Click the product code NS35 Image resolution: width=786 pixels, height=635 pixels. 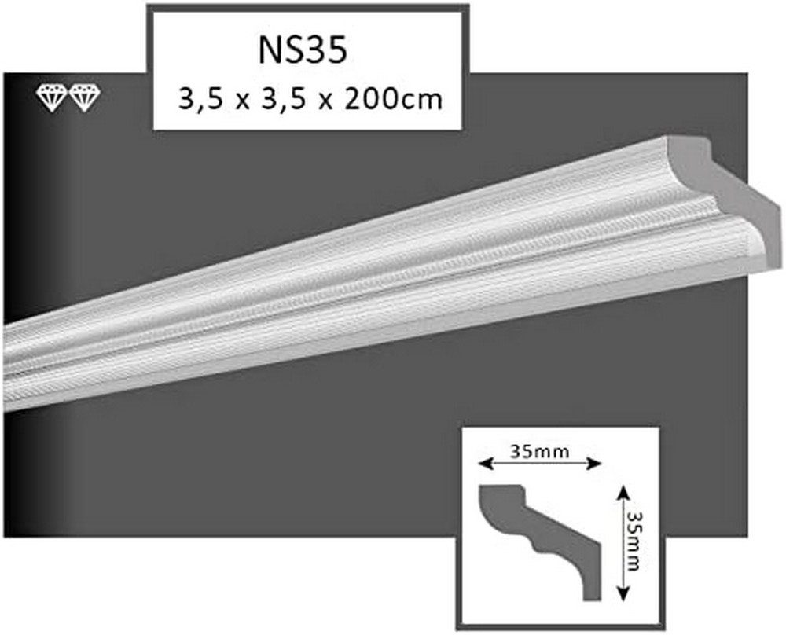tap(303, 50)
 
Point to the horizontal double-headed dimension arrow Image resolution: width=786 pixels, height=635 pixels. tap(540, 464)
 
